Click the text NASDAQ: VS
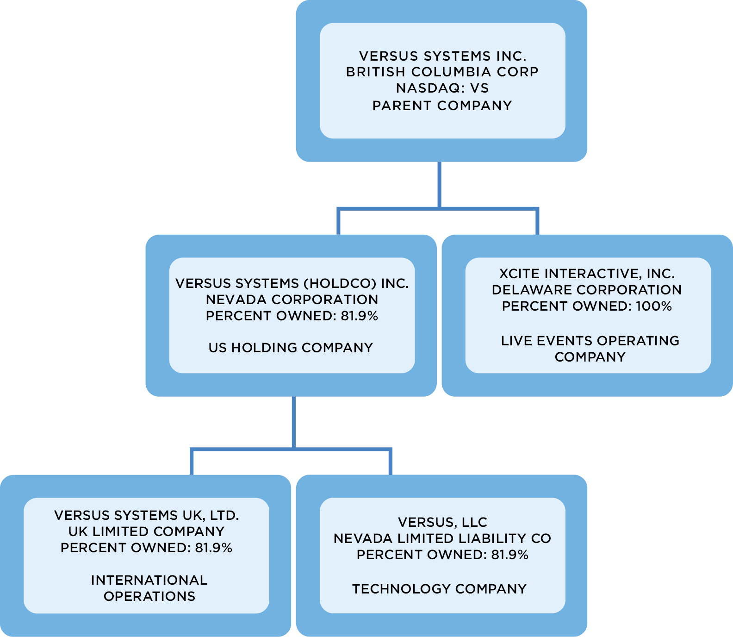point(442,88)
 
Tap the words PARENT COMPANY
point(442,106)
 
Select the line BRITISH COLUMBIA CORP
point(442,72)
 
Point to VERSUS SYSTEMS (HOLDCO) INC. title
point(292,283)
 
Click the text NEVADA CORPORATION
point(292,300)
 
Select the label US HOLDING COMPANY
point(291,348)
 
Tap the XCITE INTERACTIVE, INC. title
point(587,274)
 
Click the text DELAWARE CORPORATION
point(587,290)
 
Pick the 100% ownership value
point(654,306)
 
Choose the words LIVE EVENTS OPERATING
point(590,341)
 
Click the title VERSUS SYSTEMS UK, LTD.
point(146,515)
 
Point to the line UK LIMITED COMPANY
point(146,531)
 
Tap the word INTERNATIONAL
point(149,580)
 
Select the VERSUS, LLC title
point(442,522)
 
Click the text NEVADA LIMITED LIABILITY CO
point(442,538)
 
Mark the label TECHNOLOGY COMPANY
point(439,589)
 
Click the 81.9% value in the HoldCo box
point(359,316)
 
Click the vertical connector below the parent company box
point(439,184)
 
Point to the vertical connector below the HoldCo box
point(294,421)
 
